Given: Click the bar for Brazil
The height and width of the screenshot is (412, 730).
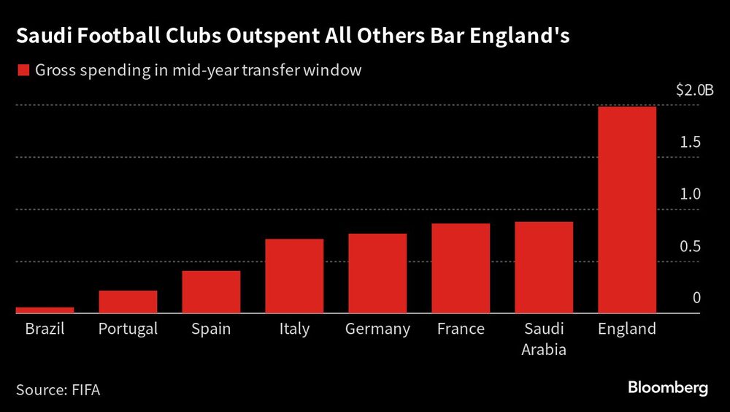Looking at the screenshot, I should tap(45, 310).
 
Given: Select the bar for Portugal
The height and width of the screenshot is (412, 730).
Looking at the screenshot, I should tap(128, 302).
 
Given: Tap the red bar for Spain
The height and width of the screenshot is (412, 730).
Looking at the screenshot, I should tap(211, 292).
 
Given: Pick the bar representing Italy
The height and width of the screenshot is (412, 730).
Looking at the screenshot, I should tap(294, 276).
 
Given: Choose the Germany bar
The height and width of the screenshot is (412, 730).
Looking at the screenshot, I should tap(377, 273).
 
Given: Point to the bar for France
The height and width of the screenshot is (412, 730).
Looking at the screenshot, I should tap(461, 268).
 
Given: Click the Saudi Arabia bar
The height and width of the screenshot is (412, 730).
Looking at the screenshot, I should tap(544, 267).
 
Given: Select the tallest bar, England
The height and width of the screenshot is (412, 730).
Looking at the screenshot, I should tap(627, 210).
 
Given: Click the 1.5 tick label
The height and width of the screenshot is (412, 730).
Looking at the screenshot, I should tap(691, 142).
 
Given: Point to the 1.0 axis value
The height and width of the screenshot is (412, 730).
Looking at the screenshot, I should tap(691, 194).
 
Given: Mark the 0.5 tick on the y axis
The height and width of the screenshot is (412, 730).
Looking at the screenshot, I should tap(691, 246).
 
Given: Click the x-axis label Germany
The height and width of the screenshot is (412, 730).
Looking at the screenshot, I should tap(377, 329).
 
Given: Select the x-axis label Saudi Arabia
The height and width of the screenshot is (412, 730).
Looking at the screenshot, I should tap(544, 339).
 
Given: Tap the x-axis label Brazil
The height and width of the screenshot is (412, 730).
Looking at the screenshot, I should tap(45, 329).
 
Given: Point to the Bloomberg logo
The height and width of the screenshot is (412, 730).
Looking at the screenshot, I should tap(669, 388).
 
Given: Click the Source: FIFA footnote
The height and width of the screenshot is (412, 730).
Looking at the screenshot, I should tap(58, 389).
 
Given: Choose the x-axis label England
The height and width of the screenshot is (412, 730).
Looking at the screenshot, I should tap(627, 329).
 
